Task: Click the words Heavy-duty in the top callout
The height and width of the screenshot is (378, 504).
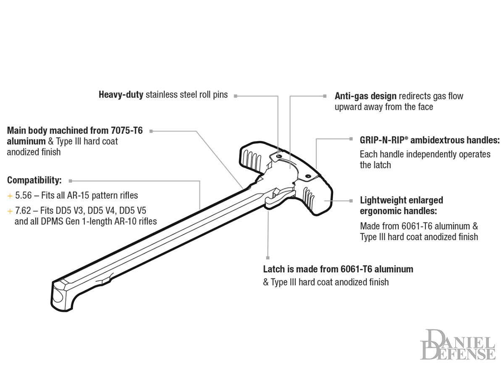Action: (121, 95)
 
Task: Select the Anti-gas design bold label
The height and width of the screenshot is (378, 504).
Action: (365, 96)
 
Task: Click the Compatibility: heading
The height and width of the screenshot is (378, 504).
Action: (34, 181)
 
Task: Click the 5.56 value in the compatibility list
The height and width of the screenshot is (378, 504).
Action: (23, 196)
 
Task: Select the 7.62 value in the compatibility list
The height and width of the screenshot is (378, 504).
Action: (23, 210)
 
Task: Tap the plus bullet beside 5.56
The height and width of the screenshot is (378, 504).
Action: (10, 196)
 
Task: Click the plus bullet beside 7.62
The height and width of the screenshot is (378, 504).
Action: (10, 210)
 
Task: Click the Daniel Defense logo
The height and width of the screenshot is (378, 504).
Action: (458, 344)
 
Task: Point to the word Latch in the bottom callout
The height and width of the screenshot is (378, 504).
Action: (274, 269)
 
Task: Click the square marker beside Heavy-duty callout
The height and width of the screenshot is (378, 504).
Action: (236, 96)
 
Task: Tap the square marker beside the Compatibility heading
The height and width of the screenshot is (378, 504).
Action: (71, 181)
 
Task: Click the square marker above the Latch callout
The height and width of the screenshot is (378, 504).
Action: (268, 257)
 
